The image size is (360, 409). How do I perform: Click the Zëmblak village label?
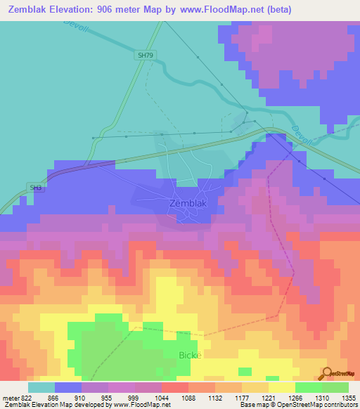(188, 203)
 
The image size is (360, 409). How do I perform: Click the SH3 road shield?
(35, 188)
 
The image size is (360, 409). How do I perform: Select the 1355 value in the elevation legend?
(347, 398)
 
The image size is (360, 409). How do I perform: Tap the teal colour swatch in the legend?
(41, 387)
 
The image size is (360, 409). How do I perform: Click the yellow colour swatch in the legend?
(281, 387)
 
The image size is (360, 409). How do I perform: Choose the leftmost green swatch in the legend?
(308, 387)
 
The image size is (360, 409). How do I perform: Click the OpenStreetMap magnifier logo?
(327, 373)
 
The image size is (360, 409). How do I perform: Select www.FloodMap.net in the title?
(214, 10)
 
